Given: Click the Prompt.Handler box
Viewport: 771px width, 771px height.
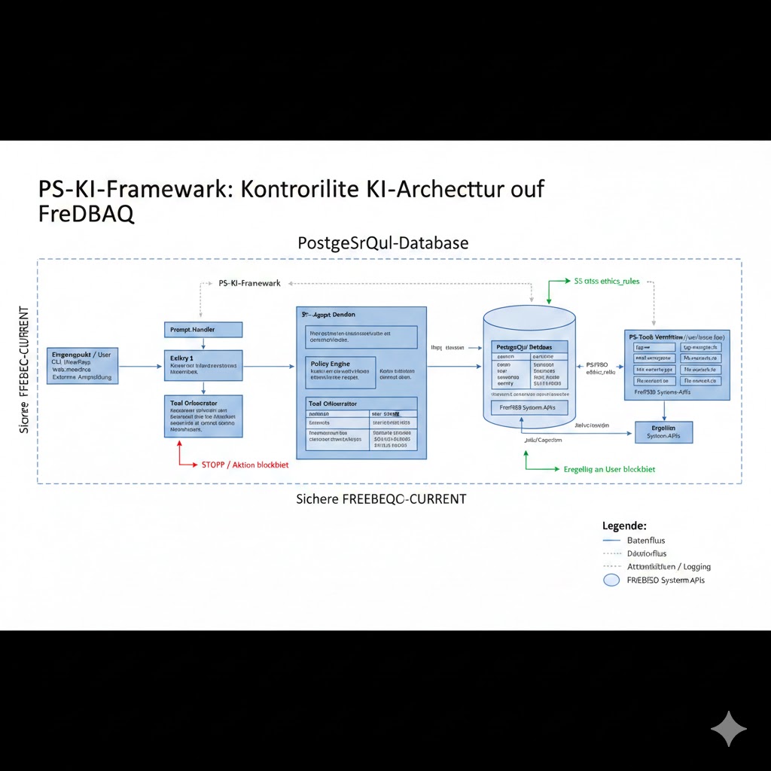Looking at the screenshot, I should click(203, 330).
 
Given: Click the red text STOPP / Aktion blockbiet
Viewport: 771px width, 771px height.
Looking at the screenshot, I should click(245, 465).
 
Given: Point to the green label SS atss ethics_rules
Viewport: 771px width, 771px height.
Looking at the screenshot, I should click(606, 281).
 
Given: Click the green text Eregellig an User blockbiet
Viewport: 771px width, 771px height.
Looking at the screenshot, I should click(609, 469).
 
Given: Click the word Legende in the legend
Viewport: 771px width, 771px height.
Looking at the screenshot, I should click(624, 526).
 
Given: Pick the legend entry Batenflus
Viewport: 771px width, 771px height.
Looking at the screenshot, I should click(646, 541).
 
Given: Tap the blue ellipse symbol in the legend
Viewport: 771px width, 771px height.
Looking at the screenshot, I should click(612, 581).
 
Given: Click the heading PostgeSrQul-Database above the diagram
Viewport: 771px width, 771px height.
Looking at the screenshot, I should click(383, 243).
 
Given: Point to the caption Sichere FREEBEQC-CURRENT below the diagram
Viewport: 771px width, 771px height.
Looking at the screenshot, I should click(381, 498).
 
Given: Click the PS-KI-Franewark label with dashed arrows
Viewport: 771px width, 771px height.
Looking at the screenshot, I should click(249, 283).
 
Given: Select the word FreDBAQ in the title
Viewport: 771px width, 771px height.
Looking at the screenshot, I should click(86, 214).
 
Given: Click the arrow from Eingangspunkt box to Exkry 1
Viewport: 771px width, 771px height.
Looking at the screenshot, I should click(141, 367).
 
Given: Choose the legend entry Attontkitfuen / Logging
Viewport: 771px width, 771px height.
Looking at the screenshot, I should click(669, 566).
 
